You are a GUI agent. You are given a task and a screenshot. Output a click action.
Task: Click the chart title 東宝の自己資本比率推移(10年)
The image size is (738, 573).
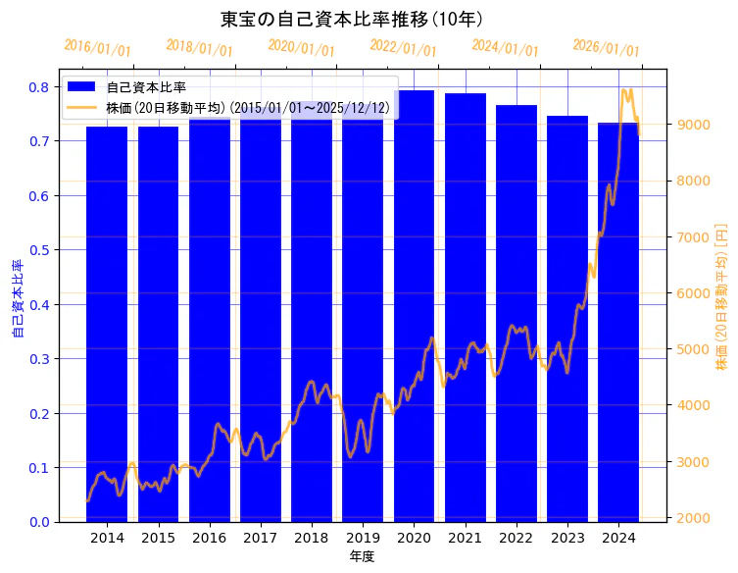tap(365, 19)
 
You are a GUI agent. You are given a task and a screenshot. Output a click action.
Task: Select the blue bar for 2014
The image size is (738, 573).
tap(107, 324)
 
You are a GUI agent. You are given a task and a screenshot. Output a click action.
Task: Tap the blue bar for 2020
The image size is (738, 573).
tap(414, 304)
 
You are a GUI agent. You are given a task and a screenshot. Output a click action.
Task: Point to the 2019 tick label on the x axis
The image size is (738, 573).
tap(363, 538)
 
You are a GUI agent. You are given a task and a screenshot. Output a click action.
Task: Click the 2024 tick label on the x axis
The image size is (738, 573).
tap(618, 538)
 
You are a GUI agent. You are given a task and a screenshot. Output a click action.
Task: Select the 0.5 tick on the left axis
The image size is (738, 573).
tap(38, 250)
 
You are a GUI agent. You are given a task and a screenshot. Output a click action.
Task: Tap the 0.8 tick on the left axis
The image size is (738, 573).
tap(38, 87)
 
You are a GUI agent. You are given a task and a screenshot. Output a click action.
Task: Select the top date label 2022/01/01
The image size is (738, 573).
tap(403, 47)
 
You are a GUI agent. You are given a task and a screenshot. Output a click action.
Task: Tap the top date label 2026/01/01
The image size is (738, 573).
tap(606, 47)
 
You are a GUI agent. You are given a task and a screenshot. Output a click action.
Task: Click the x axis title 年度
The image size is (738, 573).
tap(363, 556)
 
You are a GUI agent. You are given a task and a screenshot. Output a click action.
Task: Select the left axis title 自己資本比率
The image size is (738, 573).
tap(17, 299)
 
